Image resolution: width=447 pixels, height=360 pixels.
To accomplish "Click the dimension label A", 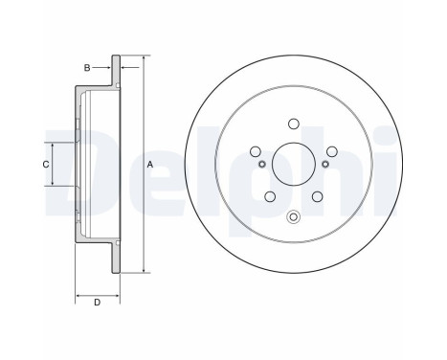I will point(150,165).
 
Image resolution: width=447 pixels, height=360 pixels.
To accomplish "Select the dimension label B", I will point(87,68).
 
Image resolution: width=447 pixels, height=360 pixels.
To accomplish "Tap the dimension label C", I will point(45,164).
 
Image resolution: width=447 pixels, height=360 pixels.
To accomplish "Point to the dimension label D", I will point(98,304).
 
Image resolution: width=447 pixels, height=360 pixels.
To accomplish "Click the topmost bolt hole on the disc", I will point(293,123).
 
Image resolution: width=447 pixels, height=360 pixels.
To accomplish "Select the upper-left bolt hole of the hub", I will point(256,150).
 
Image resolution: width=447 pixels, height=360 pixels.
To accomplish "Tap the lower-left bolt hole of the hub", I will point(269,197).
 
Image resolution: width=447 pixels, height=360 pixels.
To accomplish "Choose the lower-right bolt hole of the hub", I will point(317,197).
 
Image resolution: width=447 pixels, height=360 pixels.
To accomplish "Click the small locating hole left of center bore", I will point(260,166).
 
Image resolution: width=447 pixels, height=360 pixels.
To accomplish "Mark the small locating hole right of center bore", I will point(325,165).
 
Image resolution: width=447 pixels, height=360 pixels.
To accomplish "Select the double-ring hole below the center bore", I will point(293,216).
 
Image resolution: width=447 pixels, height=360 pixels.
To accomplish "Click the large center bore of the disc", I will point(293,166).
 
